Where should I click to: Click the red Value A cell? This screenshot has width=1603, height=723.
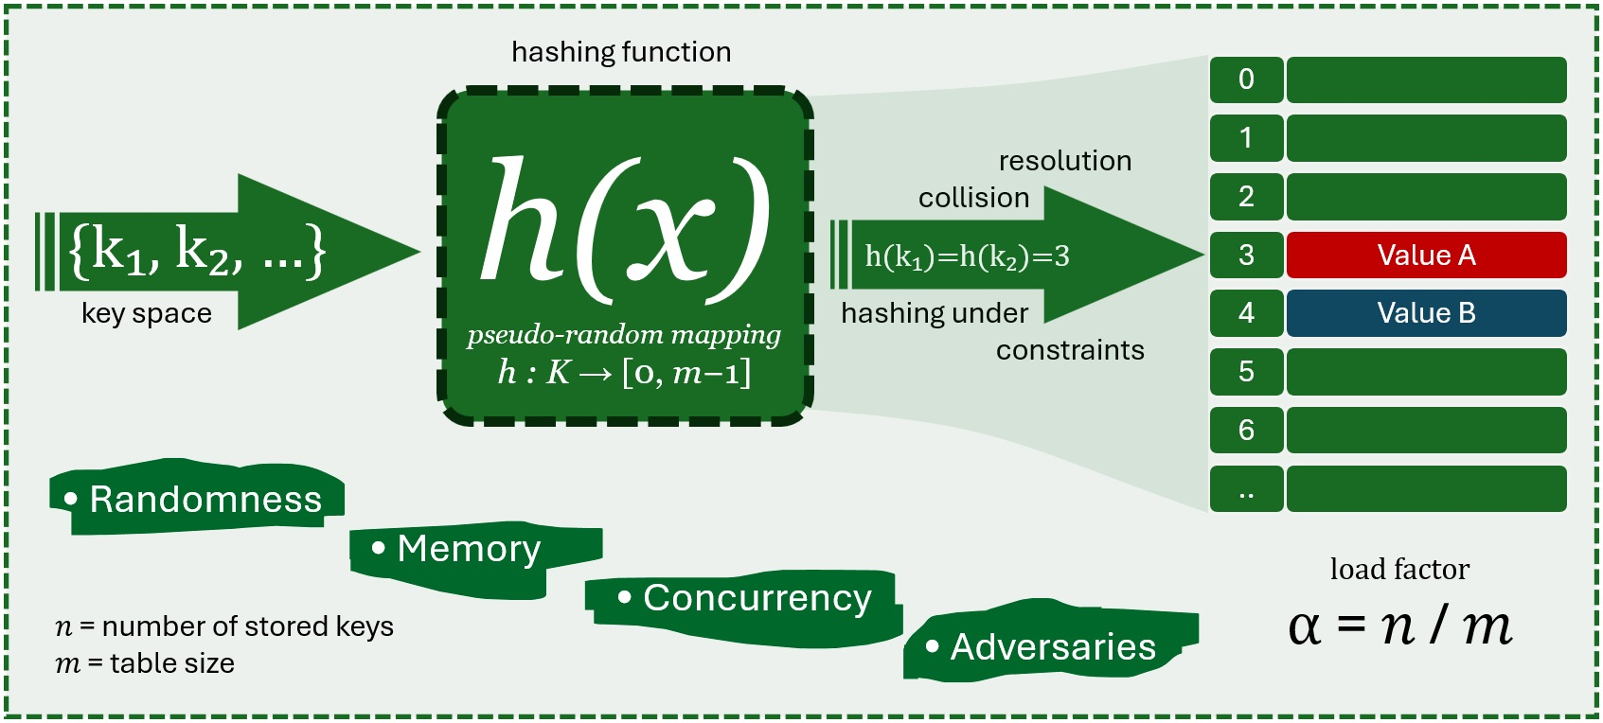[x=1426, y=256]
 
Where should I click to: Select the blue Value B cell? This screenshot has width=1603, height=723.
[x=1426, y=313]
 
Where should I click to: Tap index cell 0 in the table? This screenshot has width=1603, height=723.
[x=1246, y=79]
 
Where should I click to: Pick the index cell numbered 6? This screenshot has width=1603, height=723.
[x=1246, y=431]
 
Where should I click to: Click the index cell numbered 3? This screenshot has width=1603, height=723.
[x=1246, y=256]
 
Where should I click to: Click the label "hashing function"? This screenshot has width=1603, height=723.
[x=621, y=52]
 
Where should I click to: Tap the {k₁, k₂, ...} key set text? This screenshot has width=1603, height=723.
[x=197, y=251]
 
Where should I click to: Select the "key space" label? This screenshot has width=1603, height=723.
[x=147, y=313]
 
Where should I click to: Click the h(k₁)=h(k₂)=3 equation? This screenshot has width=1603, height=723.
[x=967, y=256]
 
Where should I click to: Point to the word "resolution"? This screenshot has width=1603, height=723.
[x=1065, y=161]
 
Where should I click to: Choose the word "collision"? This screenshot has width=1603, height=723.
[x=973, y=198]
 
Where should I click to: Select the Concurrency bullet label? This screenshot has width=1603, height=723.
[x=746, y=598]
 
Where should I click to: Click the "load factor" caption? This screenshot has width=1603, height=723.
[x=1399, y=570]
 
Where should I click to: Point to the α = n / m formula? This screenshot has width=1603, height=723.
[x=1399, y=626]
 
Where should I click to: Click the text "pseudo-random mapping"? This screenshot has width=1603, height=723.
[x=624, y=335]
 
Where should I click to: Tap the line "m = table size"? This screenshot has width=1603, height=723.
[x=145, y=663]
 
